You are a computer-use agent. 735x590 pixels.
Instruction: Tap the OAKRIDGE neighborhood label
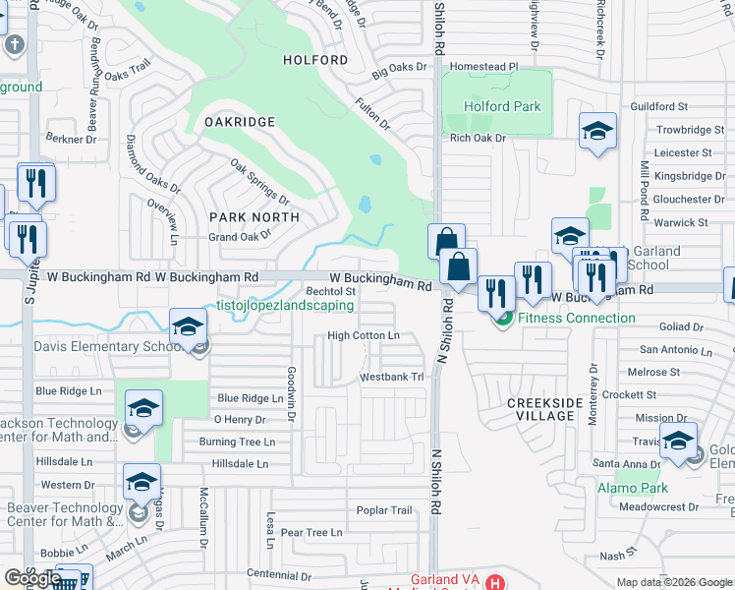[x=240, y=121]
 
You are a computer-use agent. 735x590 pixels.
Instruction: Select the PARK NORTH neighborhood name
[x=254, y=216]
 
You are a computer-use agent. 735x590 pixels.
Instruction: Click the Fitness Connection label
[x=576, y=318]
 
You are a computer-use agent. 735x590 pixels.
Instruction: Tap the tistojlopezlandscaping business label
[x=285, y=306]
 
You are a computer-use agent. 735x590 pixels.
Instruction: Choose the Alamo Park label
[x=633, y=488]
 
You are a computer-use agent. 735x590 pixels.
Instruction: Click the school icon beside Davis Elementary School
[x=188, y=328]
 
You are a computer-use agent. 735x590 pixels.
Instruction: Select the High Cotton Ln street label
[x=363, y=336]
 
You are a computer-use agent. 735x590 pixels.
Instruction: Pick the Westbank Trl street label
[x=391, y=377]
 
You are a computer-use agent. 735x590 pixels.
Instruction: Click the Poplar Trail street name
[x=384, y=510]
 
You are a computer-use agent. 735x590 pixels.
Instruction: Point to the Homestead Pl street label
[x=483, y=67]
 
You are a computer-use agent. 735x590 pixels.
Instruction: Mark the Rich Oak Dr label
[x=477, y=138]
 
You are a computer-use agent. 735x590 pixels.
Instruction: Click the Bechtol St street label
[x=331, y=291]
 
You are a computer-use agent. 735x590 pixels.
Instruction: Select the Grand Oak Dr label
[x=239, y=237]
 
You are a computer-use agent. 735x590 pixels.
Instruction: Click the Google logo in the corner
[x=32, y=578]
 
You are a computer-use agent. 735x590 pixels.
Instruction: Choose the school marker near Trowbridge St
[x=597, y=133]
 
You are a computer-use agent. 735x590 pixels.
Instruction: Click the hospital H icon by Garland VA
[x=495, y=582]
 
